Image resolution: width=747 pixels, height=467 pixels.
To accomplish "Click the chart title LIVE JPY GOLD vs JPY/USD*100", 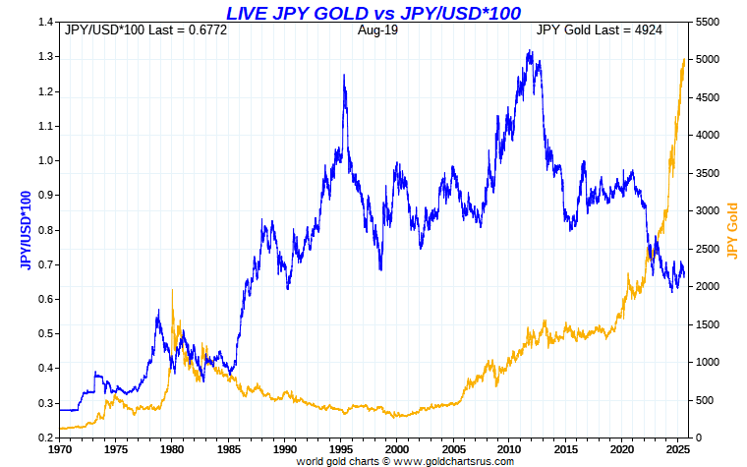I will point(373,12).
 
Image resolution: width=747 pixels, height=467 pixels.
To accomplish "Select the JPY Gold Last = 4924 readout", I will point(599,30).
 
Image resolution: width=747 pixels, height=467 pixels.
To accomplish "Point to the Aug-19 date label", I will point(376,30).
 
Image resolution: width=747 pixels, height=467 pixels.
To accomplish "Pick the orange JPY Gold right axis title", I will point(730,230).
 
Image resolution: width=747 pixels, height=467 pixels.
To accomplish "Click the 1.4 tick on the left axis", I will point(45,22).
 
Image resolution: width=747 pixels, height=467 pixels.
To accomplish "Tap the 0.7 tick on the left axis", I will point(45,264).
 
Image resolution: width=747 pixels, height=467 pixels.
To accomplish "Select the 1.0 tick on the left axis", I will point(45,160).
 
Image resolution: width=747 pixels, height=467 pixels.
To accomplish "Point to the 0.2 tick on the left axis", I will point(45,438).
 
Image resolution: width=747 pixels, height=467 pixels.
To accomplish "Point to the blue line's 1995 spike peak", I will point(344,75).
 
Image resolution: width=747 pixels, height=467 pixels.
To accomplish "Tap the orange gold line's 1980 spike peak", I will point(172,290).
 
